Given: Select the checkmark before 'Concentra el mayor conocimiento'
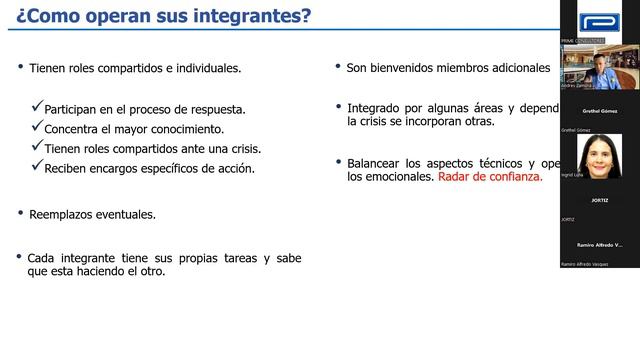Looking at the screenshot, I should click(x=38, y=128).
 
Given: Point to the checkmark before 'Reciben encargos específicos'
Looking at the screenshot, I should click(x=38, y=168).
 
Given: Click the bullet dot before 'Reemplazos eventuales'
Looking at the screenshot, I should click(x=20, y=213).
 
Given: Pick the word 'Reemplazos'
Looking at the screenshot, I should click(x=62, y=214).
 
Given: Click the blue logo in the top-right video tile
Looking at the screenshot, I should click(x=599, y=21).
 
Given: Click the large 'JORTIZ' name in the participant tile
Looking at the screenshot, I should click(x=600, y=200).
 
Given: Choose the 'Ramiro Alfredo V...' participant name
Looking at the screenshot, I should click(x=600, y=244).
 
